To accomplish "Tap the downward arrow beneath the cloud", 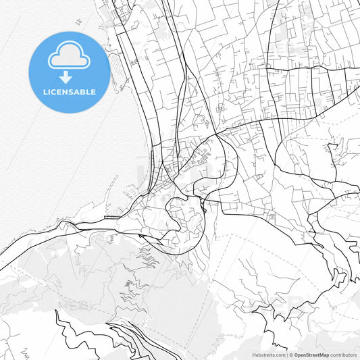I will click(69, 77).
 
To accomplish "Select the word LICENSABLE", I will click(69, 92).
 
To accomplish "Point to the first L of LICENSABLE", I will click(44, 92).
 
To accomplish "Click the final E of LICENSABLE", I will click(93, 92).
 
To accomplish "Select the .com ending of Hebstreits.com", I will click(280, 354).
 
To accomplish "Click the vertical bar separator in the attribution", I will click(287, 354).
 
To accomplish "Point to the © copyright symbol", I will click(291, 354).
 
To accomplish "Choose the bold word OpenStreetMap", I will click(311, 354).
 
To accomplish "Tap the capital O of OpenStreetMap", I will click(296, 354).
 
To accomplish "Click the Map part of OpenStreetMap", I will click(324, 354).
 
